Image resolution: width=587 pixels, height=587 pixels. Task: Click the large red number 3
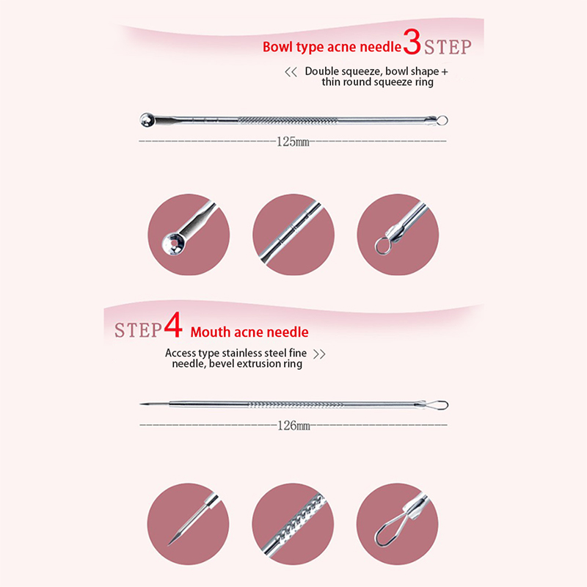pyautogui.click(x=412, y=42)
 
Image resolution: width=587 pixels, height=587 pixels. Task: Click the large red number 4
pyautogui.click(x=173, y=324)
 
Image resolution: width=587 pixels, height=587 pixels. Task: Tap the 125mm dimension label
pyautogui.click(x=293, y=142)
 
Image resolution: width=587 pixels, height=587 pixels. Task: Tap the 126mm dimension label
pyautogui.click(x=294, y=426)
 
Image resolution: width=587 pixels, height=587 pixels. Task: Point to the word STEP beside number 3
pyautogui.click(x=448, y=47)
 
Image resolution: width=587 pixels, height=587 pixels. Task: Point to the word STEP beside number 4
pyautogui.click(x=138, y=330)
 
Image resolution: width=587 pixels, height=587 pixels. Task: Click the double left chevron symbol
pyautogui.click(x=291, y=72)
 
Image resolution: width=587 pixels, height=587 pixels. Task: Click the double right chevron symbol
pyautogui.click(x=319, y=354)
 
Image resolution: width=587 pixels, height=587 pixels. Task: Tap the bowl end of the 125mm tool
pyautogui.click(x=147, y=120)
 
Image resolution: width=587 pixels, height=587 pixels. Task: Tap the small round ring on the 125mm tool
pyautogui.click(x=442, y=120)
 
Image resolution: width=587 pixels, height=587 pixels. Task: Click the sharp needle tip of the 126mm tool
pyautogui.click(x=141, y=404)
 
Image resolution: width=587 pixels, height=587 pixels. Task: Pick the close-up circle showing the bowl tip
pyautogui.click(x=189, y=235)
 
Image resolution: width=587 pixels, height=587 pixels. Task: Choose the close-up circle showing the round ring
pyautogui.click(x=398, y=235)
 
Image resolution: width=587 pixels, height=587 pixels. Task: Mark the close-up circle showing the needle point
pyautogui.click(x=188, y=524)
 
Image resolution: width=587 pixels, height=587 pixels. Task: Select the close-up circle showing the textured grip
pyautogui.click(x=293, y=524)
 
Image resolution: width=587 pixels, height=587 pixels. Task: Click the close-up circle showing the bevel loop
pyautogui.click(x=397, y=524)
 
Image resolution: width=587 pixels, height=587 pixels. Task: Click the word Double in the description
pyautogui.click(x=322, y=71)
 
